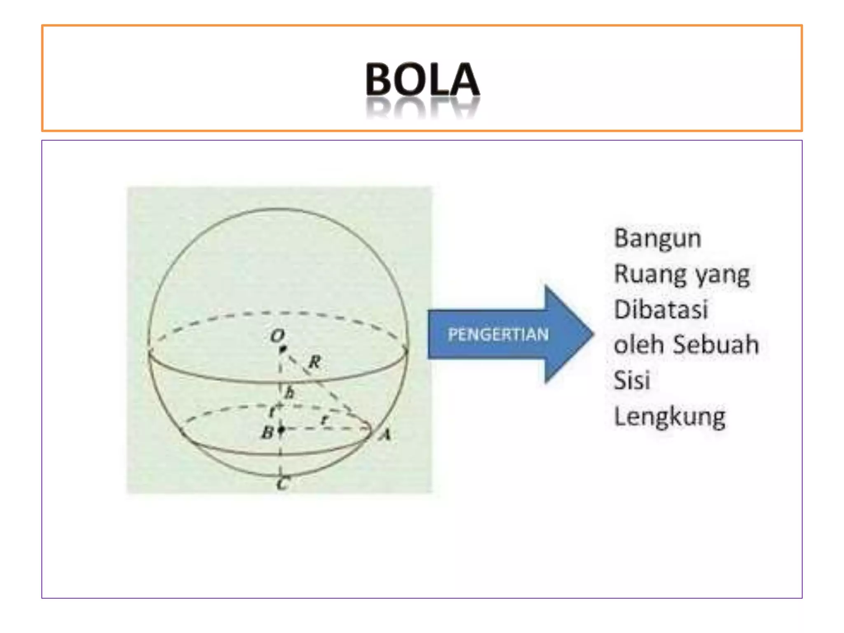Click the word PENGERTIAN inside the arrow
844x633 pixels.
(x=498, y=334)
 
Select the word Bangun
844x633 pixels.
(x=657, y=239)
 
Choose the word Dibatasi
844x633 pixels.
(x=661, y=309)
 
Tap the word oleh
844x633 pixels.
(x=638, y=345)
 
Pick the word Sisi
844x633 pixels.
(x=632, y=380)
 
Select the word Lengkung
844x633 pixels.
(x=670, y=416)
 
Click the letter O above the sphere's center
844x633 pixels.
(x=277, y=336)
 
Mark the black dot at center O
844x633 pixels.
(x=283, y=349)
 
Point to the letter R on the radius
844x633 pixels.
(x=314, y=362)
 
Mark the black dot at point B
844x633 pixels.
(x=281, y=430)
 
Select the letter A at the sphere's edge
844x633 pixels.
(x=385, y=434)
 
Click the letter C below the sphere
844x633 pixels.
(x=283, y=483)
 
